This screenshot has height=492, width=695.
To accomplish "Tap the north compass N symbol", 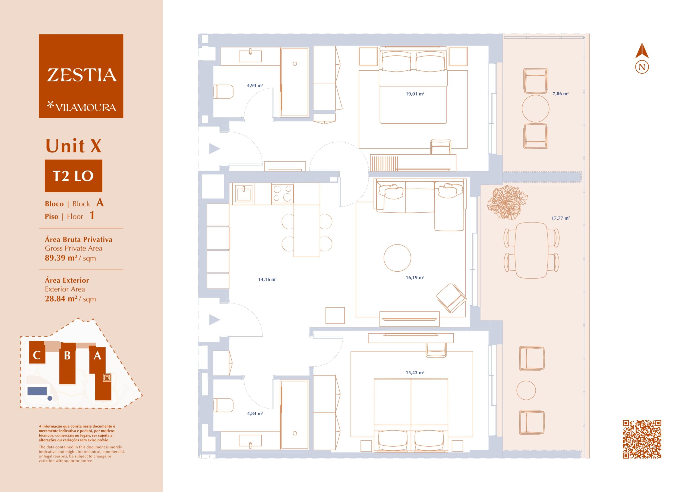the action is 642,67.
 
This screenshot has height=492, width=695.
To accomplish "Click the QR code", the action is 642,439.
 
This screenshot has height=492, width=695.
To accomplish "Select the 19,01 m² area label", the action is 415,94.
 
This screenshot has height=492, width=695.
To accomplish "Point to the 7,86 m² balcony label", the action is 560,94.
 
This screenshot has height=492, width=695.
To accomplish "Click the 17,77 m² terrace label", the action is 561,218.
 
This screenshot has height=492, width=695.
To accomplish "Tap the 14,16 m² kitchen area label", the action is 267,279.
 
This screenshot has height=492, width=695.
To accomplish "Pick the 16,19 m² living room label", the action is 415,277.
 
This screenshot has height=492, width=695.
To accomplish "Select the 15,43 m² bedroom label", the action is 415,373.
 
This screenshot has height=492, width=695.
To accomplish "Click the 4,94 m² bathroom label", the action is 255,85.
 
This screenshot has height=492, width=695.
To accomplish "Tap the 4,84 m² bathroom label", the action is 255,413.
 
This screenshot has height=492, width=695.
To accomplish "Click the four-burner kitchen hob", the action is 282,194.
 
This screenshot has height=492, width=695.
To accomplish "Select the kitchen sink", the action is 244,193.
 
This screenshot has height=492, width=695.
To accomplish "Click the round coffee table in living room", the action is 397,258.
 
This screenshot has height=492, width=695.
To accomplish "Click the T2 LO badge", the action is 74,176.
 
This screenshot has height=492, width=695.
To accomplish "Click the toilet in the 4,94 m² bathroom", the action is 223,92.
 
